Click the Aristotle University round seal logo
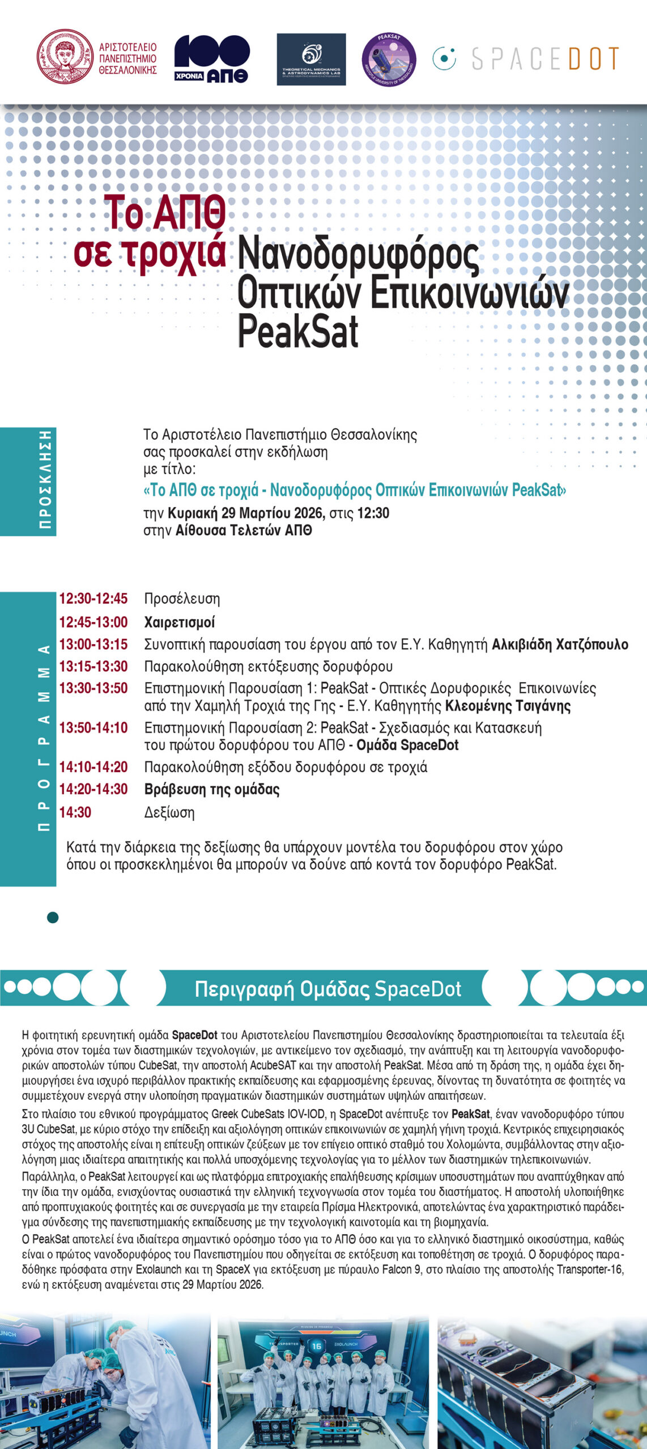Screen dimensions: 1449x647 click(x=65, y=57)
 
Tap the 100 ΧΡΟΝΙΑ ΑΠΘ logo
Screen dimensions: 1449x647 click(x=211, y=59)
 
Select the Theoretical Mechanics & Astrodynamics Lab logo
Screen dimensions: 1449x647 click(x=311, y=59)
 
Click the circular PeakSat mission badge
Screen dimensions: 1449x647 click(x=389, y=59)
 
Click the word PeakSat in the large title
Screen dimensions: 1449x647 click(x=298, y=332)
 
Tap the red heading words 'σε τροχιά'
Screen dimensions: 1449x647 click(x=150, y=252)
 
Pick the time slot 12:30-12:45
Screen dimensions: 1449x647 click(x=93, y=598)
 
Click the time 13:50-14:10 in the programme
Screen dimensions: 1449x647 click(x=93, y=727)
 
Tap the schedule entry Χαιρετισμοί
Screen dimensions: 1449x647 click(x=180, y=622)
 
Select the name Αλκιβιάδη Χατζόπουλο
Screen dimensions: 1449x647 click(x=560, y=644)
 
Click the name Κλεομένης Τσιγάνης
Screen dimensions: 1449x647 click(x=508, y=706)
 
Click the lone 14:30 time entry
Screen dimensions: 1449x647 click(x=75, y=812)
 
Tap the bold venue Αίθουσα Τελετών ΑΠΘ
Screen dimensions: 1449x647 click(x=244, y=530)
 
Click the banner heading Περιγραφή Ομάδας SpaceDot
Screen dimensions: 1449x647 click(x=327, y=989)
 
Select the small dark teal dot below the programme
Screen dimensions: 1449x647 click(x=53, y=918)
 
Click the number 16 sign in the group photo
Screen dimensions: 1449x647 click(x=317, y=1346)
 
